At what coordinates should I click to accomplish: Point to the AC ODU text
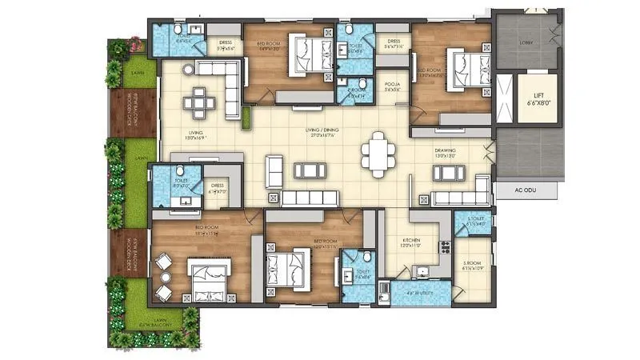point(514,191)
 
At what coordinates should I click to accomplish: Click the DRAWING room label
point(445,153)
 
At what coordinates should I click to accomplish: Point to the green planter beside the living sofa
point(246,118)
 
